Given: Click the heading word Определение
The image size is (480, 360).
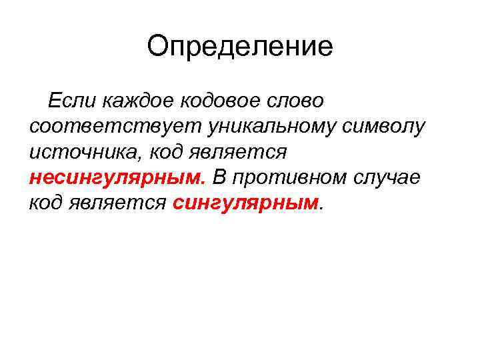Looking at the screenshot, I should coord(240,47).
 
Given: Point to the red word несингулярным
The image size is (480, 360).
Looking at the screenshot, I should coord(117,178).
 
